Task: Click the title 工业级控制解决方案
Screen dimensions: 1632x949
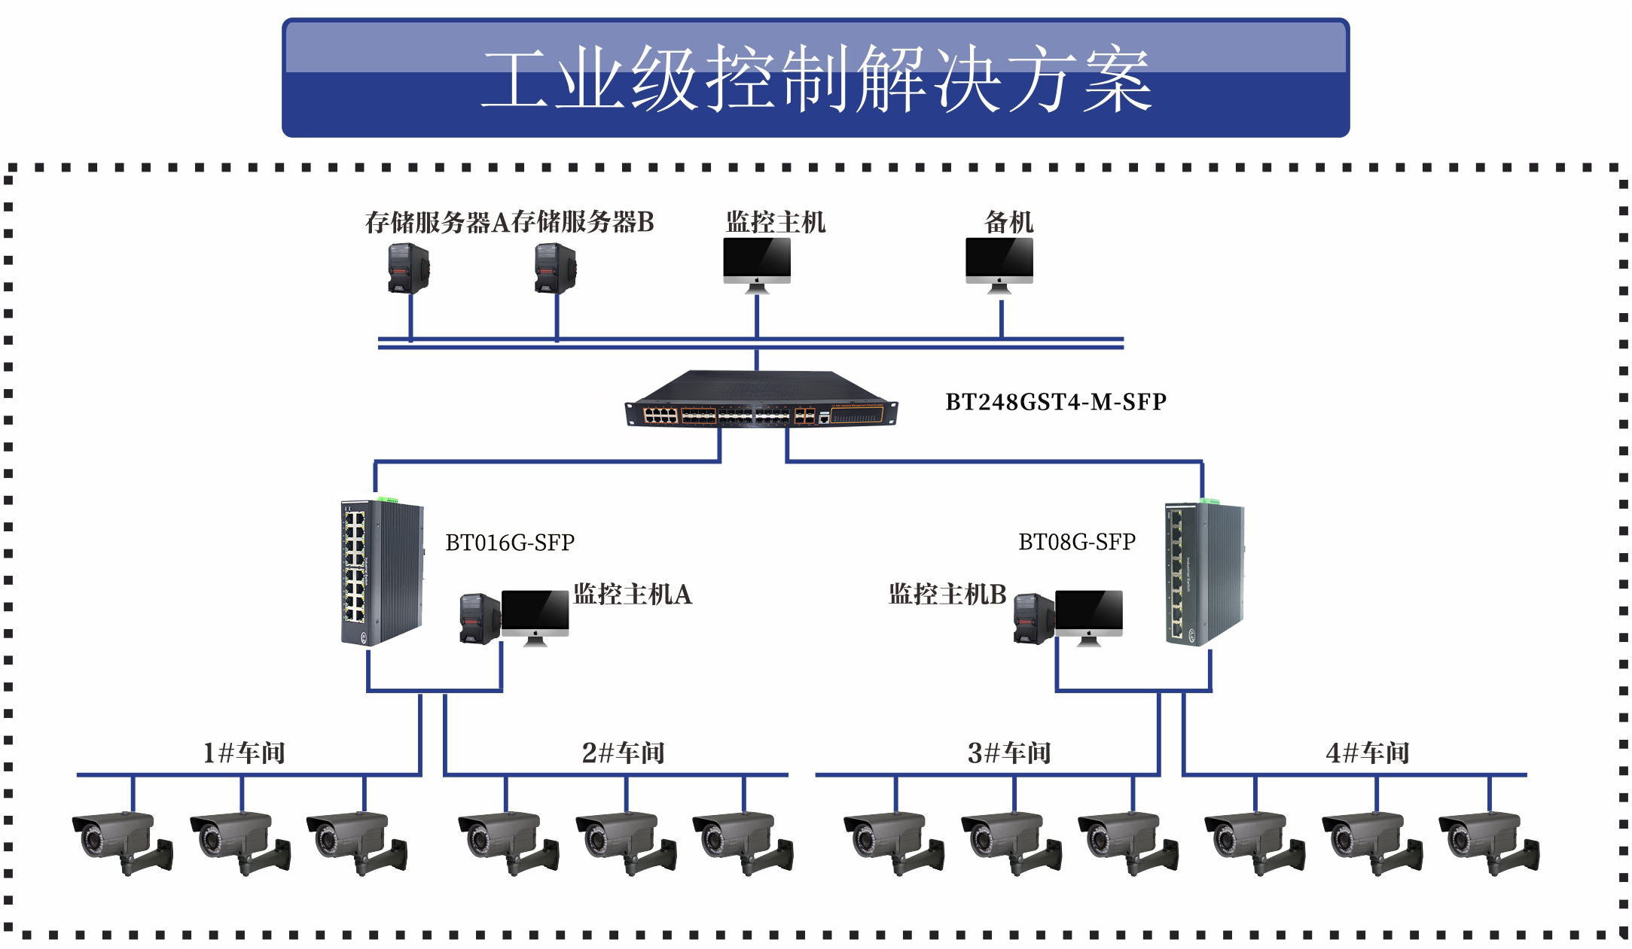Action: pos(816,78)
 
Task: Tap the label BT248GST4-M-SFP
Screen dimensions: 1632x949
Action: pos(1056,402)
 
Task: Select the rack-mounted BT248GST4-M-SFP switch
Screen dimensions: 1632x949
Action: pos(761,400)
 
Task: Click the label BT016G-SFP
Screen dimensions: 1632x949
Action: pos(510,543)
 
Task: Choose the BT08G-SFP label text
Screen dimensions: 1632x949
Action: pos(1077,542)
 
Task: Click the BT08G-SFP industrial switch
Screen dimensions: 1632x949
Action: pos(1204,572)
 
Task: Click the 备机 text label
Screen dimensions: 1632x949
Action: pos(1008,222)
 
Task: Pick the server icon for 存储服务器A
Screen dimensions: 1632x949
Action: pos(409,268)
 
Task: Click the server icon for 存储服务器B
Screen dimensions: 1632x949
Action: pos(556,268)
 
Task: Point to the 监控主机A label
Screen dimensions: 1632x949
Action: pos(633,595)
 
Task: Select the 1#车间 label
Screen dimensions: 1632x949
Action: pos(244,753)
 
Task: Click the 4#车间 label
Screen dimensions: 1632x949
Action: pos(1368,753)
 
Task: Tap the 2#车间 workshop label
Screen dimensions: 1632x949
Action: pos(624,753)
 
